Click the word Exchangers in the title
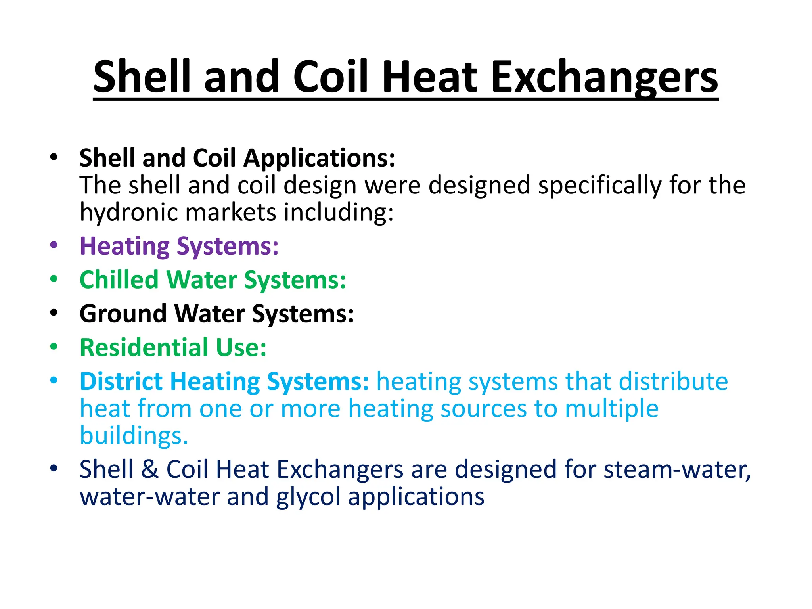[604, 77]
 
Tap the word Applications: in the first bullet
[319, 158]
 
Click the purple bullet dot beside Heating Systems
[54, 245]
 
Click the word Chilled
[119, 280]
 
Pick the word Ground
[123, 314]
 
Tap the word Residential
[144, 348]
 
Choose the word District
[121, 381]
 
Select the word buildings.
[134, 436]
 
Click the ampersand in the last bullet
[149, 469]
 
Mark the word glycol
[308, 497]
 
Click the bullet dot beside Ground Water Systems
[54, 312]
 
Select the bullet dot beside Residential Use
[54, 347]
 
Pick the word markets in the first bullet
[231, 213]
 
